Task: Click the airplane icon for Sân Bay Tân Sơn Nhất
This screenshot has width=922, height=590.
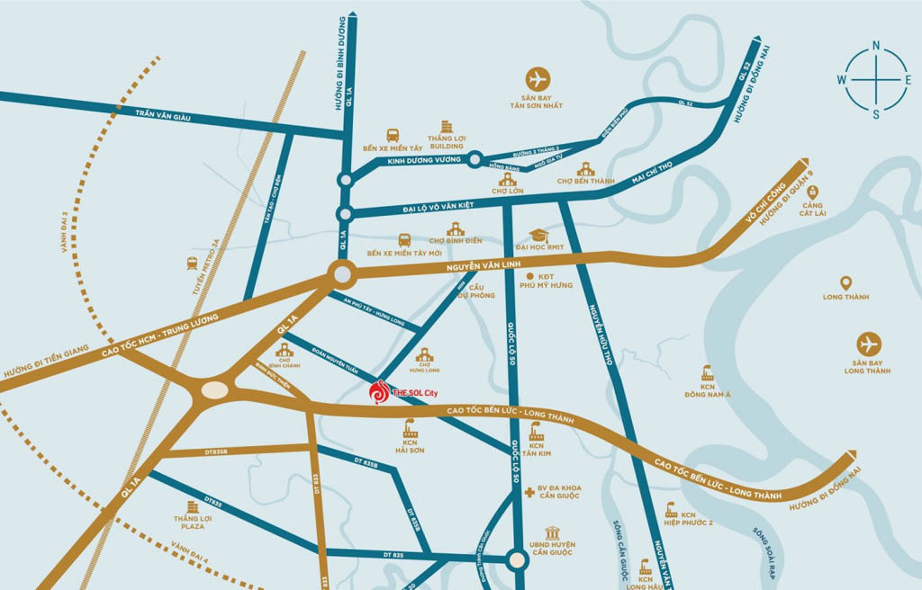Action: pos(539,78)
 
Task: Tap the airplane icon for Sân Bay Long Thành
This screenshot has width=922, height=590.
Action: pos(869,344)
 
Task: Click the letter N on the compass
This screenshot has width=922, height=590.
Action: pos(875,46)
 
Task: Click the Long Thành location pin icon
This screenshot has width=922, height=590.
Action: pos(845,283)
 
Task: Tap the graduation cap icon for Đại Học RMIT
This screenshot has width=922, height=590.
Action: pos(538,236)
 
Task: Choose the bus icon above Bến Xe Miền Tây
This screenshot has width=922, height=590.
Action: pos(393,135)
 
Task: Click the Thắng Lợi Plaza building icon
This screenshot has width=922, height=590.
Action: pos(192,508)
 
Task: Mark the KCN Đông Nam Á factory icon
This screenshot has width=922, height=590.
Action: pos(707,373)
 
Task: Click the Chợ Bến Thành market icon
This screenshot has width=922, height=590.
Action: pos(585,168)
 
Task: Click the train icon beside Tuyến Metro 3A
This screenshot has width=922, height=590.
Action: pos(192,264)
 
